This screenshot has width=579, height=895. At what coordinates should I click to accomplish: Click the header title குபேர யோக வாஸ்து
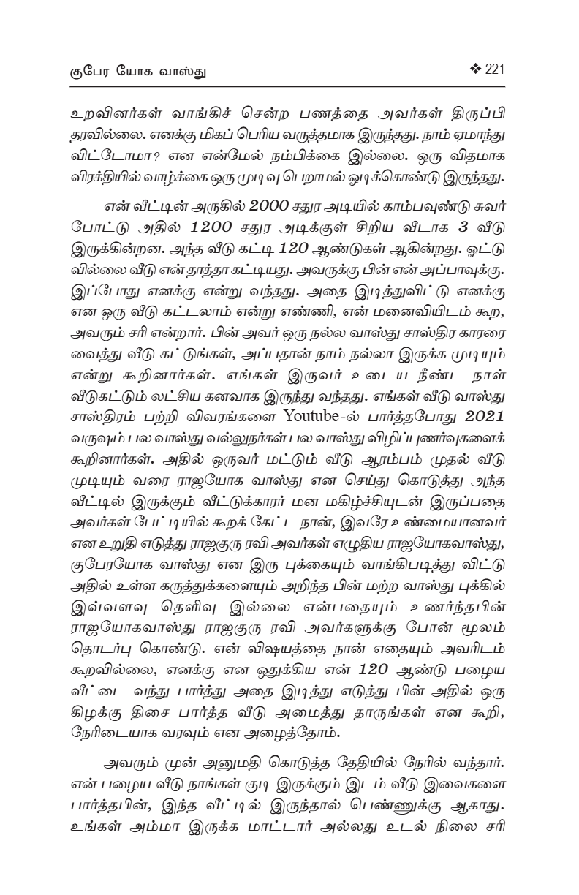[x=137, y=71]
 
